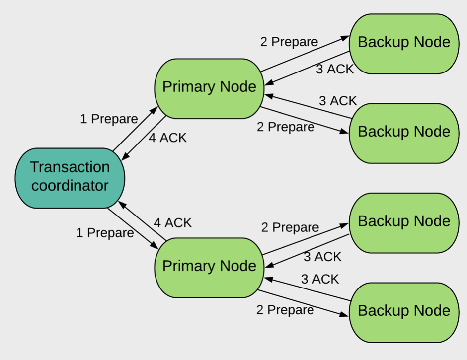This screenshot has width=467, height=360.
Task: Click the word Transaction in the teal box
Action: (x=70, y=167)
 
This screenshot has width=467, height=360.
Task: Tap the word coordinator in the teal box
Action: (x=70, y=186)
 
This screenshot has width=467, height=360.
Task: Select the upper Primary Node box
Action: (x=209, y=87)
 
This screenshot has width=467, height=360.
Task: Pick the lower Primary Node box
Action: (x=209, y=267)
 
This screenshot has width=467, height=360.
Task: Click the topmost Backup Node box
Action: (x=403, y=42)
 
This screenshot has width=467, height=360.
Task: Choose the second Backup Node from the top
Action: (x=403, y=132)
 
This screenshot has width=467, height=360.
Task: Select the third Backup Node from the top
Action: (x=403, y=221)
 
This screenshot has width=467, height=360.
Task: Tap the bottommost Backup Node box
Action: (x=403, y=311)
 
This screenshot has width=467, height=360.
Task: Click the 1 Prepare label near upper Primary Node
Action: (x=109, y=119)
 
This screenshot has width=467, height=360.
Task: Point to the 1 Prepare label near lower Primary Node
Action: (x=105, y=233)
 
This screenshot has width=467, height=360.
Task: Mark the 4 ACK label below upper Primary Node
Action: (x=167, y=138)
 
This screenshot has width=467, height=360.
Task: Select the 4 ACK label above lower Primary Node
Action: (x=172, y=223)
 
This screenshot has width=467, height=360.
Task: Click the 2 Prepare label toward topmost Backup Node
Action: (x=289, y=42)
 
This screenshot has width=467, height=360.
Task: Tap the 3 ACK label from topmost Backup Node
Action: (x=335, y=70)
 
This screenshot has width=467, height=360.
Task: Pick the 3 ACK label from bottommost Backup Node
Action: (x=320, y=280)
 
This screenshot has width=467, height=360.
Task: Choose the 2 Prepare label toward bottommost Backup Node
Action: (x=285, y=310)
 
